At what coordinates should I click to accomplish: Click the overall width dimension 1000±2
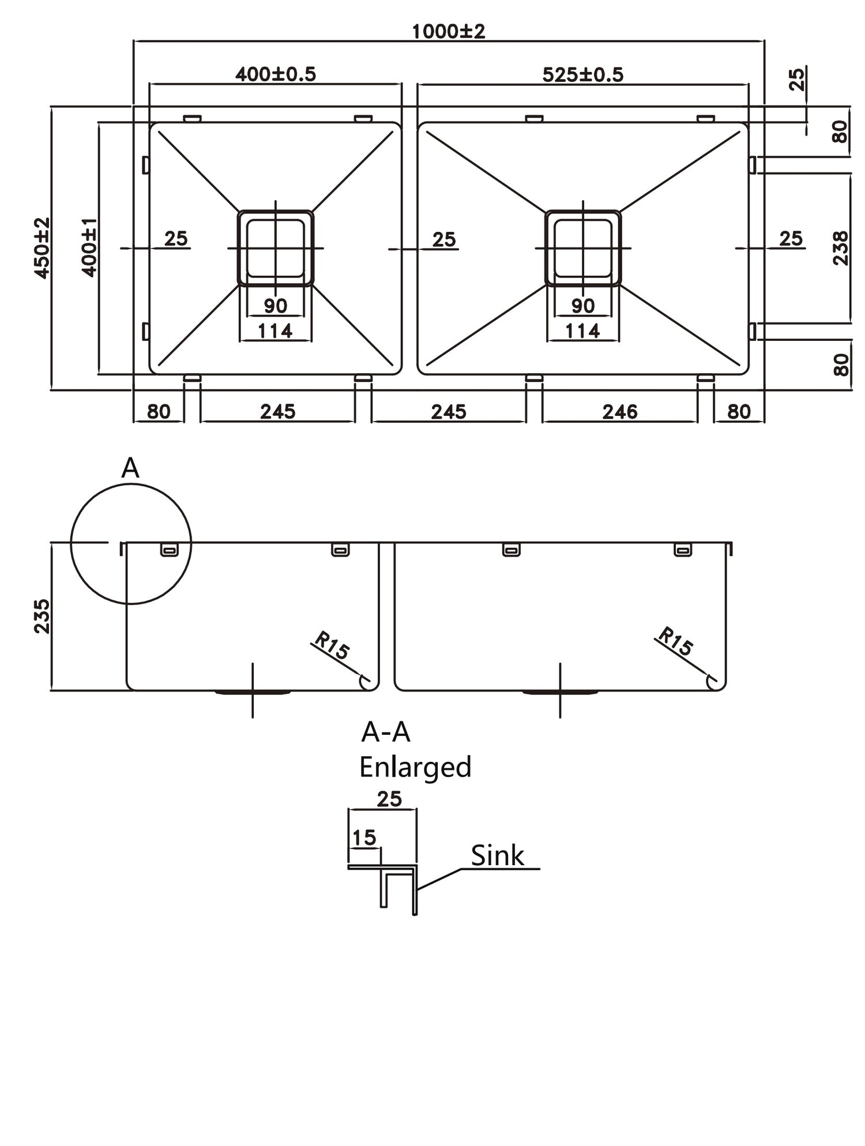(x=448, y=31)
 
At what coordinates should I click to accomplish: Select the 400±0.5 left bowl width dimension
(x=275, y=74)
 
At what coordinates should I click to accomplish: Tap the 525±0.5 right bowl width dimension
(x=582, y=74)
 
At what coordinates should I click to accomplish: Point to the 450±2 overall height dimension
(x=42, y=248)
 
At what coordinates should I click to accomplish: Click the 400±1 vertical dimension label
(x=88, y=248)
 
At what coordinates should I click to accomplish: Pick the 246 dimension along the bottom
(x=619, y=412)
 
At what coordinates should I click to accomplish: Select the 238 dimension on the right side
(x=841, y=248)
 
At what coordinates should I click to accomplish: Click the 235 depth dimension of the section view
(x=42, y=616)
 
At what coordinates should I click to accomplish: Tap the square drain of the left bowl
(x=275, y=248)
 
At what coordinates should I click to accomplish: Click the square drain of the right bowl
(x=583, y=248)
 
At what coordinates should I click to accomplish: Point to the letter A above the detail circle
(x=130, y=468)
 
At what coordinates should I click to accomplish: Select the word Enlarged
(x=415, y=768)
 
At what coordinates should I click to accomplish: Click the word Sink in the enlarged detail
(x=497, y=856)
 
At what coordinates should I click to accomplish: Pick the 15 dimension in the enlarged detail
(x=364, y=837)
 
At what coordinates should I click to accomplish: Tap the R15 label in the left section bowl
(x=332, y=646)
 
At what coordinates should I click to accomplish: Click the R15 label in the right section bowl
(x=675, y=641)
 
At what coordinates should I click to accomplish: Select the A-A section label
(x=385, y=732)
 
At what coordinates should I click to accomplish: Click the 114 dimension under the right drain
(x=582, y=331)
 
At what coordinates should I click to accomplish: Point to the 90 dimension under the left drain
(x=275, y=306)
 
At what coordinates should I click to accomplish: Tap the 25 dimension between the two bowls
(x=443, y=239)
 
